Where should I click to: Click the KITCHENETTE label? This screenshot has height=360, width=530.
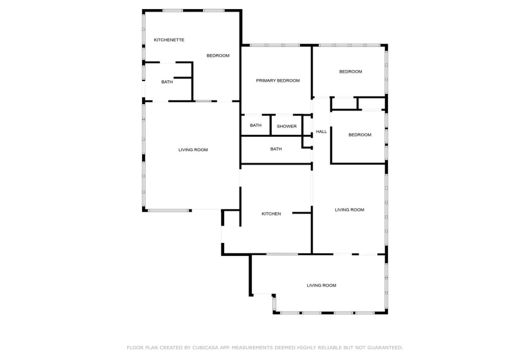[169, 40]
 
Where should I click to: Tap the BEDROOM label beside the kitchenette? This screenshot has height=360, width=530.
[218, 56]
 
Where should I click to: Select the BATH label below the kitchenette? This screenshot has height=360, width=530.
[167, 82]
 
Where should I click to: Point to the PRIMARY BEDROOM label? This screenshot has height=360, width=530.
[278, 80]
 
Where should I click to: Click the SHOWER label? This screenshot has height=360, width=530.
[287, 126]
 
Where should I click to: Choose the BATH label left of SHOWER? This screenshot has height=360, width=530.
[256, 125]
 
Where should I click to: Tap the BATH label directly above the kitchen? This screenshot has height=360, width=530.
[276, 149]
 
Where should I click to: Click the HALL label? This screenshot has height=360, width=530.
[321, 132]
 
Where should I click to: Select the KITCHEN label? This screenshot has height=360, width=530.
[270, 213]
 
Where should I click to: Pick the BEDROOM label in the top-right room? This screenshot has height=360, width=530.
[350, 71]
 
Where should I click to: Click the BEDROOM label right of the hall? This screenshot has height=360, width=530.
[360, 135]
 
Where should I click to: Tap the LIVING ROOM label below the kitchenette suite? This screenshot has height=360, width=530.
[193, 150]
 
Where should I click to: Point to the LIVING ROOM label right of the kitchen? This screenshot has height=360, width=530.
[349, 210]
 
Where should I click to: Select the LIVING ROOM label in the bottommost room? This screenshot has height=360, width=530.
[321, 285]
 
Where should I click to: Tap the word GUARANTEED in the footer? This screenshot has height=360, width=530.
[380, 347]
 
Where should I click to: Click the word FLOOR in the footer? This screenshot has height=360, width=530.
[136, 347]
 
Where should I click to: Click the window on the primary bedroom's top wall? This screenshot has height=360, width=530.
[274, 45]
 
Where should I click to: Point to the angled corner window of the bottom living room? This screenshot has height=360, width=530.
[274, 301]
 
